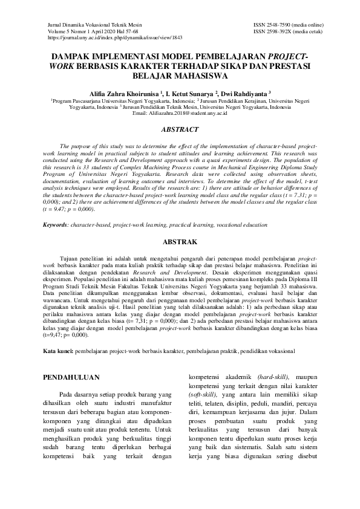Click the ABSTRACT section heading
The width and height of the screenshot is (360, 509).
pos(180,129)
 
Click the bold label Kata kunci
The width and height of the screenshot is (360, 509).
pos(58,351)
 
